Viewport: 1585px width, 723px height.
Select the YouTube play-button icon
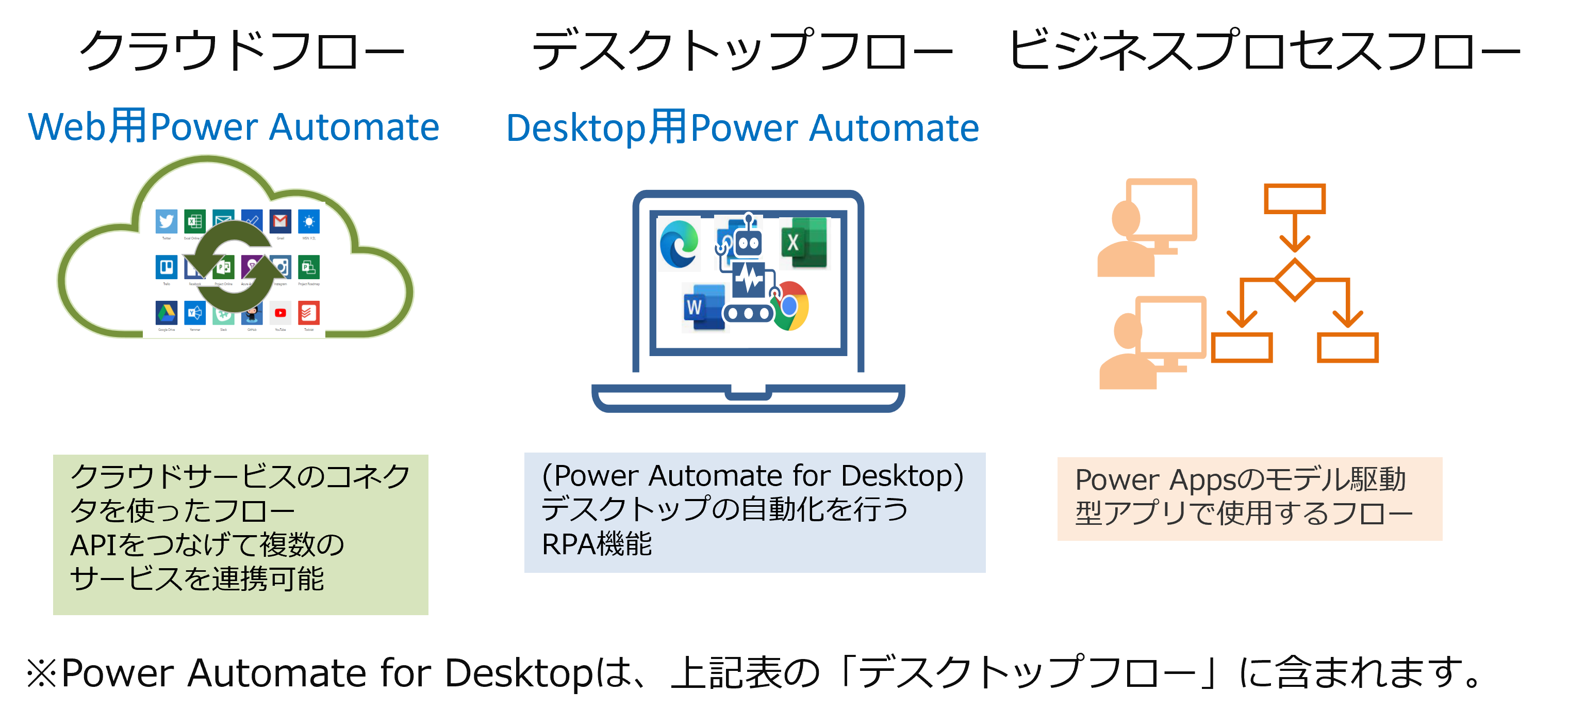(x=280, y=313)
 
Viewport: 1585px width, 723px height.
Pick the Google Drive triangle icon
(x=166, y=313)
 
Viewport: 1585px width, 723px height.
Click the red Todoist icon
(x=309, y=313)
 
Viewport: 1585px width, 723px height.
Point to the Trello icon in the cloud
(x=166, y=267)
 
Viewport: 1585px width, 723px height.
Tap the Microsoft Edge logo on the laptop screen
(x=679, y=244)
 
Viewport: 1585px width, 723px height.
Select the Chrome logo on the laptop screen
(x=789, y=306)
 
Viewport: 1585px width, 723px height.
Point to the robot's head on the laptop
(x=748, y=242)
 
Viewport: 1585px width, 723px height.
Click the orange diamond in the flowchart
(x=1295, y=280)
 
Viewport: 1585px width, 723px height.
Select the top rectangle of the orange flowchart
(x=1295, y=199)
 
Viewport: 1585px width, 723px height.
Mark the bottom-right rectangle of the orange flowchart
(x=1347, y=348)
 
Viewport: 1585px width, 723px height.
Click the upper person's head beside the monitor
(x=1126, y=217)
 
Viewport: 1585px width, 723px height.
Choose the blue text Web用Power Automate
(x=234, y=127)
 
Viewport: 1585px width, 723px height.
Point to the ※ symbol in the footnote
(x=42, y=673)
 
